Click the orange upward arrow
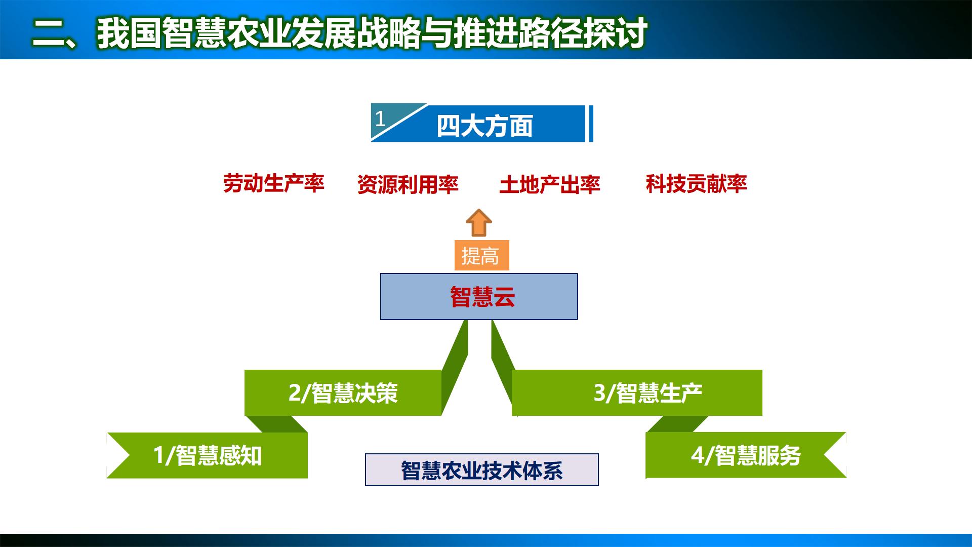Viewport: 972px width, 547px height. (x=478, y=223)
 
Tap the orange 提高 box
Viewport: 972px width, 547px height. (x=481, y=256)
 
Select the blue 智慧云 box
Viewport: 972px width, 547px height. (x=479, y=297)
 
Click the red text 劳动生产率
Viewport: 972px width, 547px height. (x=273, y=183)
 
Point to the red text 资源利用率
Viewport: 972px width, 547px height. (x=408, y=185)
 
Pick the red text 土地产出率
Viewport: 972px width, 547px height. (x=549, y=185)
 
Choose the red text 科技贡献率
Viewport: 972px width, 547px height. (x=696, y=184)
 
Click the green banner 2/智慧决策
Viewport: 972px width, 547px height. (x=343, y=393)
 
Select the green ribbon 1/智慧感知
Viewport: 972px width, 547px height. (x=208, y=455)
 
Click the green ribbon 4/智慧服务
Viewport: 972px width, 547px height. (x=745, y=455)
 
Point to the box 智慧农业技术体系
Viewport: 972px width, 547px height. (x=481, y=470)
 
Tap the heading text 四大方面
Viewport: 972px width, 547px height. (x=484, y=126)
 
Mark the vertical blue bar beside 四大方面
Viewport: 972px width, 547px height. (x=590, y=124)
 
